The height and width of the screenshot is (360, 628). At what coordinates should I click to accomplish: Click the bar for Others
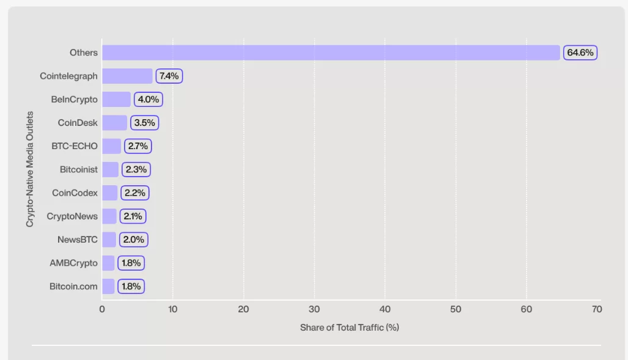tap(330, 53)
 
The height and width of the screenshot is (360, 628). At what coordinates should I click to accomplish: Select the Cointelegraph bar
tap(127, 76)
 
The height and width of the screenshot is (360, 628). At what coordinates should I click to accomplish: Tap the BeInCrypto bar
tap(116, 99)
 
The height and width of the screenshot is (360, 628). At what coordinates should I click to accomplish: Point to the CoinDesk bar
tap(114, 123)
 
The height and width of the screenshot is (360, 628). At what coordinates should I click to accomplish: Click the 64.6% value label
tap(580, 53)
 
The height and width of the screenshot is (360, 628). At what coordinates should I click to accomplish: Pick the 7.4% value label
tap(169, 76)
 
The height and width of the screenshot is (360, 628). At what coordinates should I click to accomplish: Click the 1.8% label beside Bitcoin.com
tap(131, 286)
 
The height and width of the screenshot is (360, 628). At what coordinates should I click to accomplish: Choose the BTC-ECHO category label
tap(75, 146)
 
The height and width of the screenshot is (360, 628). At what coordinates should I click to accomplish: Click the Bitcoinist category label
tap(79, 169)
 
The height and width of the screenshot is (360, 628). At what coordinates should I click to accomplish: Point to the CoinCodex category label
tap(75, 193)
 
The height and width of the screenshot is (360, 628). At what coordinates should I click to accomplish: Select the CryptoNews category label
tap(72, 216)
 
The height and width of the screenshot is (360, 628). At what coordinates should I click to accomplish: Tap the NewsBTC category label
tap(78, 239)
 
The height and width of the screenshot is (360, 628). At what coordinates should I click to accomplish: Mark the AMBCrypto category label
tap(74, 263)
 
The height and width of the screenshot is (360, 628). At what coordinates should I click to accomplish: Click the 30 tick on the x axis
tap(315, 309)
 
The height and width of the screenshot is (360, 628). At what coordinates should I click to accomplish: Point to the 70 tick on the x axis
tap(597, 309)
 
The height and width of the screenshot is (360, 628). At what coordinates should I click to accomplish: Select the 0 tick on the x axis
tap(102, 309)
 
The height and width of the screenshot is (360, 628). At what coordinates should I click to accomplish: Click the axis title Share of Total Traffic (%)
tap(349, 328)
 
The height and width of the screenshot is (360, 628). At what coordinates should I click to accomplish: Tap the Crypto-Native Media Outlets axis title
tap(30, 169)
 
